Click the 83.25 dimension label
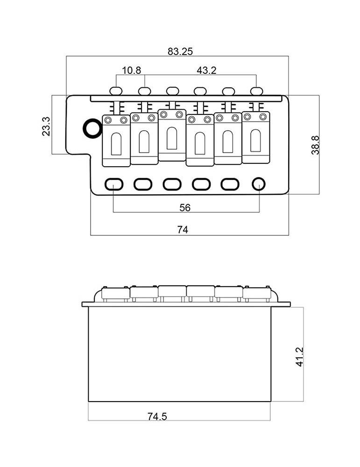[x=180, y=52]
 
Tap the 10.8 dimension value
[x=131, y=71]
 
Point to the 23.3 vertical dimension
[x=46, y=126]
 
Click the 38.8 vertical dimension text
[x=315, y=145]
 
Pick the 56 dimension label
[x=185, y=208]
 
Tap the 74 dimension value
[x=183, y=230]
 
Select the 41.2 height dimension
[x=300, y=356]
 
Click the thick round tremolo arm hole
[x=91, y=128]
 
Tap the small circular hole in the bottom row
[x=258, y=184]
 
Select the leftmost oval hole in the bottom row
[x=113, y=184]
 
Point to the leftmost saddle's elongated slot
[x=116, y=142]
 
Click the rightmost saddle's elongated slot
[x=255, y=141]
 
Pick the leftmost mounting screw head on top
[x=116, y=90]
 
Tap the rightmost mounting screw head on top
[x=255, y=90]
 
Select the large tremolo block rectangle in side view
[x=180, y=354]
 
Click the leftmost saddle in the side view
[x=115, y=293]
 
